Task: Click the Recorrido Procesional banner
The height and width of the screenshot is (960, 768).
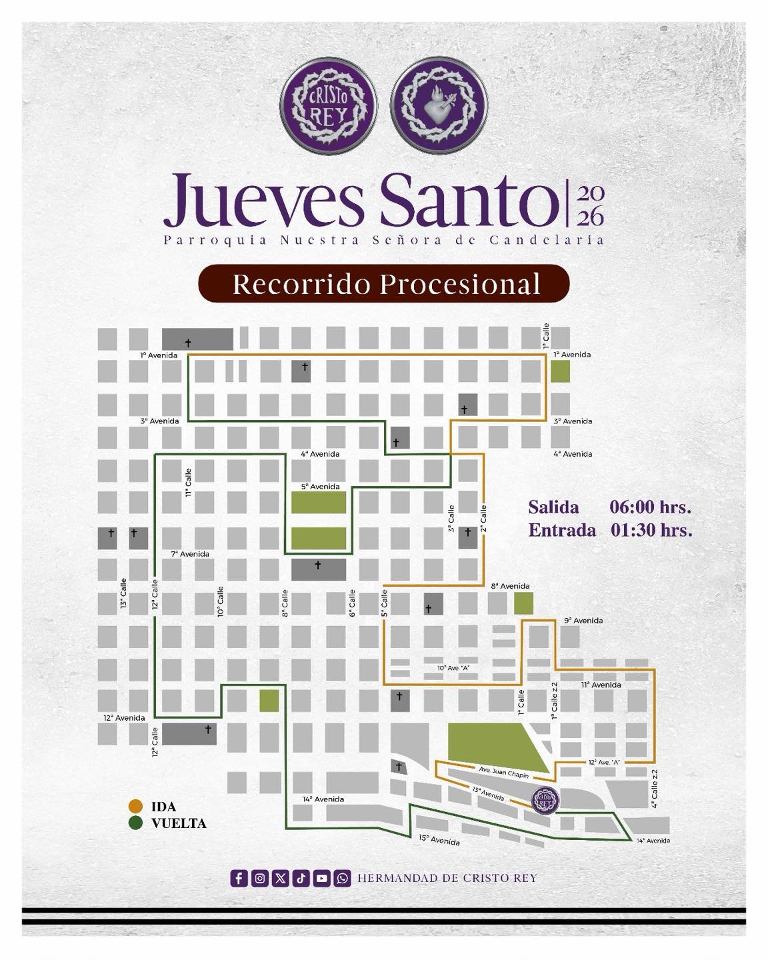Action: (x=384, y=284)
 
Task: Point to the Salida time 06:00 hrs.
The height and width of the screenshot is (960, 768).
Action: (x=650, y=507)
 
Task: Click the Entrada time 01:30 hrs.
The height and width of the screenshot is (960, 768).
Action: (x=651, y=531)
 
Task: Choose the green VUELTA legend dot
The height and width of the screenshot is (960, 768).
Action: (x=137, y=823)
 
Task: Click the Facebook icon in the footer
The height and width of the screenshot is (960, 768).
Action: (x=239, y=878)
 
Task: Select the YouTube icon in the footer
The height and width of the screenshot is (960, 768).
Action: (x=322, y=878)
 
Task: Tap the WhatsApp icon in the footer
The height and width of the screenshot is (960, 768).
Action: (x=343, y=878)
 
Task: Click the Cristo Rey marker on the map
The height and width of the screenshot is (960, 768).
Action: (x=545, y=799)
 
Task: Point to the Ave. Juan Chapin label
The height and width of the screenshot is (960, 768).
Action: (x=503, y=773)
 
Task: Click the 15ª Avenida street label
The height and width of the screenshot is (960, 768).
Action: (x=439, y=840)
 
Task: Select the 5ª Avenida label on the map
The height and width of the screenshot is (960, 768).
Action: (x=321, y=487)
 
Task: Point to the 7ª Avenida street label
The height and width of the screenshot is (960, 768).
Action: (x=190, y=554)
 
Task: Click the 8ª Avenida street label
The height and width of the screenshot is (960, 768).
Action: (x=510, y=586)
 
